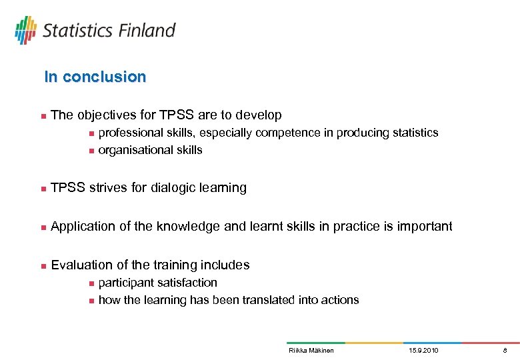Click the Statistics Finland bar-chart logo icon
pos(25,30)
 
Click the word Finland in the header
pos(147,31)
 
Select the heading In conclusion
pos(95,77)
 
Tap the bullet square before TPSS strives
pos(43,189)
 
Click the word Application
pos(83,227)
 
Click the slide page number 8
pos(505,350)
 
